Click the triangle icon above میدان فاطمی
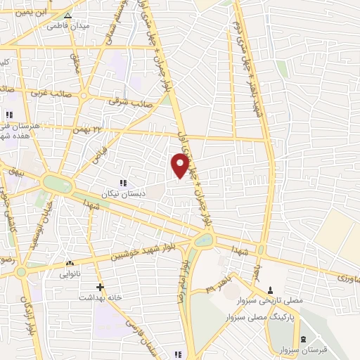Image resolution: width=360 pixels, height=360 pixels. coord(67,15)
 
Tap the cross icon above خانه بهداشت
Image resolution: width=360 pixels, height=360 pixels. coord(100,287)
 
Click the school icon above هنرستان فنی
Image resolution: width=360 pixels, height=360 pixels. coord(9,115)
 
